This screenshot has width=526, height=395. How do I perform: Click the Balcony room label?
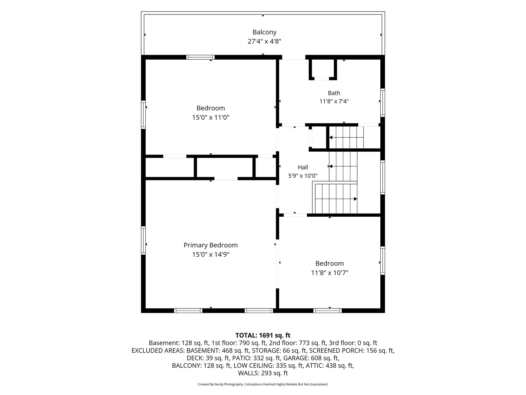pyautogui.click(x=264, y=32)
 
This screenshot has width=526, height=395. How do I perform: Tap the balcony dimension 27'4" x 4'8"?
pyautogui.click(x=264, y=41)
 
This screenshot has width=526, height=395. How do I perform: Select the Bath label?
pyautogui.click(x=334, y=93)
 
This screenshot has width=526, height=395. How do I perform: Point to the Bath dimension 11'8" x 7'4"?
pyautogui.click(x=334, y=102)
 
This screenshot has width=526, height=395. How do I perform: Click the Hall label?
pyautogui.click(x=303, y=167)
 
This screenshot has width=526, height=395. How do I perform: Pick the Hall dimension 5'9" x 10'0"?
pyautogui.click(x=303, y=176)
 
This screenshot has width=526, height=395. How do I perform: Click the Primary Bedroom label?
pyautogui.click(x=211, y=245)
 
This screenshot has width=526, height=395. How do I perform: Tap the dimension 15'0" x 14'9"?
pyautogui.click(x=211, y=255)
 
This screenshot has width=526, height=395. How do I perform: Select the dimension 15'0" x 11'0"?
pyautogui.click(x=211, y=117)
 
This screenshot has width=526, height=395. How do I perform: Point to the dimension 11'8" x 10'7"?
pyautogui.click(x=329, y=273)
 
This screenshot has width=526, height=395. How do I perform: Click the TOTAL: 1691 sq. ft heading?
pyautogui.click(x=263, y=335)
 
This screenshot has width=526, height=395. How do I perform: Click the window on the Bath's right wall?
pyautogui.click(x=382, y=103)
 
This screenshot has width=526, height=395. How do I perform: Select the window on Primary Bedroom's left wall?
pyautogui.click(x=143, y=240)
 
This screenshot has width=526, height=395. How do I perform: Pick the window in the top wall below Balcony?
pyautogui.click(x=200, y=57)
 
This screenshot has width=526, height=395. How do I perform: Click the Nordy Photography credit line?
pyautogui.click(x=263, y=384)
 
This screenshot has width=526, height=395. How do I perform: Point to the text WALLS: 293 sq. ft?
pyautogui.click(x=263, y=373)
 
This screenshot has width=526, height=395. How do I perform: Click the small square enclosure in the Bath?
pyautogui.click(x=323, y=69)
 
